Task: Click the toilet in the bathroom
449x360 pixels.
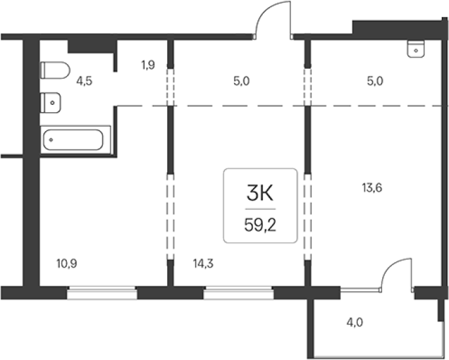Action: coord(55,70)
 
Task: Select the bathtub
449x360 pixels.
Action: coord(75,140)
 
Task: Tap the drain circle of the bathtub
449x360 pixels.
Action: coord(51,140)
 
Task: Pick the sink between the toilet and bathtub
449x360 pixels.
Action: coord(50,102)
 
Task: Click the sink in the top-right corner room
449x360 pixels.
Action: coord(416,49)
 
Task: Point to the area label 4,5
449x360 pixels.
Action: coord(84,81)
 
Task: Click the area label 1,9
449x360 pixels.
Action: coord(147,66)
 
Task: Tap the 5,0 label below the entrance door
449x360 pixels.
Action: coord(241,81)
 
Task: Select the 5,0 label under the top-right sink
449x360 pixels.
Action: coord(375,81)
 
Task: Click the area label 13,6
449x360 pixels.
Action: coord(372,188)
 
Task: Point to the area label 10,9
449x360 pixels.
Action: coord(67,264)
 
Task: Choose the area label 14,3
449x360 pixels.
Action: coord(203,264)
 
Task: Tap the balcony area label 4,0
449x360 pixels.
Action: coord(355,323)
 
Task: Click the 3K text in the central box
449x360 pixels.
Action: coord(260,193)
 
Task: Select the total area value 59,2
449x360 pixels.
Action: coord(260,226)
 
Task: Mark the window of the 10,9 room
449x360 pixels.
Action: coord(102,292)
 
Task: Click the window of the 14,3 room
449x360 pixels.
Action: coord(239,292)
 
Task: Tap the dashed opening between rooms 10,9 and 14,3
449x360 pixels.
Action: coord(170,217)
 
